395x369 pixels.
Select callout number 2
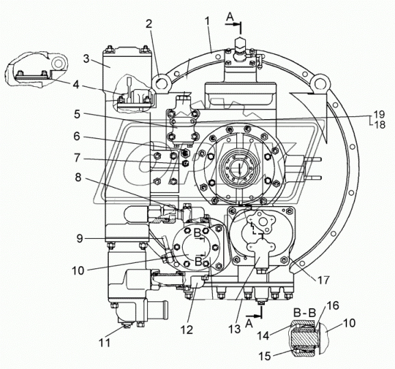tap(149, 24)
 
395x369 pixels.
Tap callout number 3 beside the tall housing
tap(86, 59)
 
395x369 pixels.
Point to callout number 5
tap(77, 114)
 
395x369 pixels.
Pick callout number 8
tap(78, 177)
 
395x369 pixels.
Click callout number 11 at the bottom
tap(104, 342)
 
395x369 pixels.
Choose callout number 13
tap(235, 329)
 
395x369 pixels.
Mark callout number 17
tap(323, 280)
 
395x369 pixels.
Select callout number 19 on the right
tap(379, 114)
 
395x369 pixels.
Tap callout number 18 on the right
tap(379, 125)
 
